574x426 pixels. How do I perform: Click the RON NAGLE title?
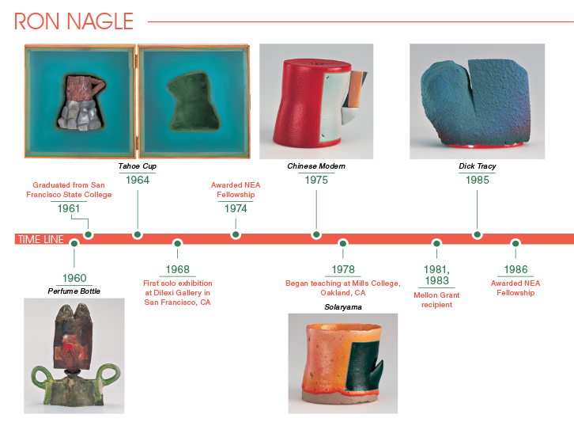[74, 21]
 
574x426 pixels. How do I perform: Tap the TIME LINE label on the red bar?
[40, 239]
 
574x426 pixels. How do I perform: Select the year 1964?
[138, 180]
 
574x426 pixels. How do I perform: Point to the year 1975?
[316, 180]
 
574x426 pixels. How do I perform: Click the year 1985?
[478, 180]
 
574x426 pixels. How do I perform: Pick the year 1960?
[74, 278]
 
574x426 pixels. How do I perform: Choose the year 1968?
[178, 269]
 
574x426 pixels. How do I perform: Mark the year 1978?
[343, 269]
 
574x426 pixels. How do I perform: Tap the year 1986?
[515, 269]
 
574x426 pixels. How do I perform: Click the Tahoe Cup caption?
[138, 166]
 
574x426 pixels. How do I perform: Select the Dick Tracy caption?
[478, 166]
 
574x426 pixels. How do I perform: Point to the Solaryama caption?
[343, 307]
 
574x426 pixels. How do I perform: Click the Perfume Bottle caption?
[74, 291]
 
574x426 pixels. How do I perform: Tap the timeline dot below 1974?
[236, 234]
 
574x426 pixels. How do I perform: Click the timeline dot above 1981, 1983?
[436, 243]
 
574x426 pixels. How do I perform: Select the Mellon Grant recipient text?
[436, 300]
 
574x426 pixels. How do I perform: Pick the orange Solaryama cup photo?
[342, 363]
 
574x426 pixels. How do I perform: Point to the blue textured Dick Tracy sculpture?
[476, 103]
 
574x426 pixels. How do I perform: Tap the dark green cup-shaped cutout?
[194, 101]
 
